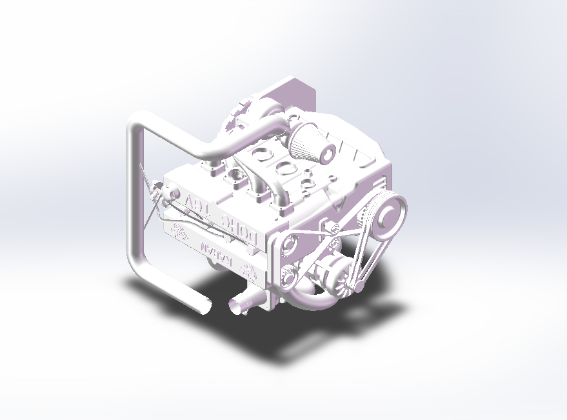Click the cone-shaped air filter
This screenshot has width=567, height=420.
click(306, 141)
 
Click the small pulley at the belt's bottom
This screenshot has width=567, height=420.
click(357, 284)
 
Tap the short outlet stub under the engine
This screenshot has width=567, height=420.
click(241, 303)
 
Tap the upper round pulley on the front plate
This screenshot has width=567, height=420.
click(288, 244)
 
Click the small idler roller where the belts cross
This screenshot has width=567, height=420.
click(333, 226)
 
